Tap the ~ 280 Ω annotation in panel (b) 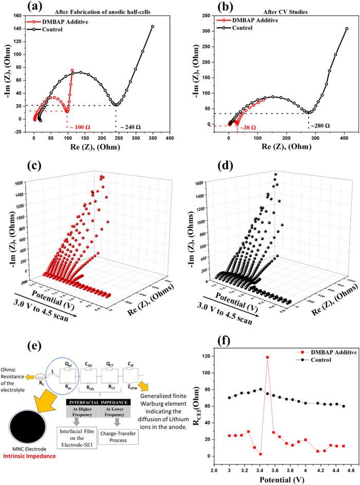tap(318, 125)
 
